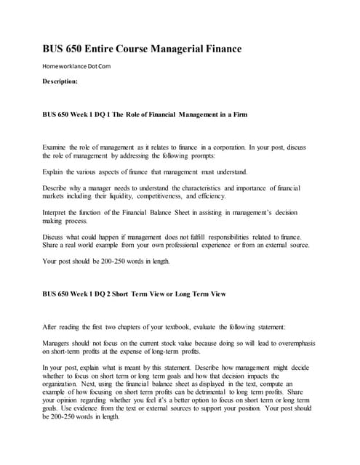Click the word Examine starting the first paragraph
(x=57, y=147)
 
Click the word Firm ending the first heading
(x=252, y=115)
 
